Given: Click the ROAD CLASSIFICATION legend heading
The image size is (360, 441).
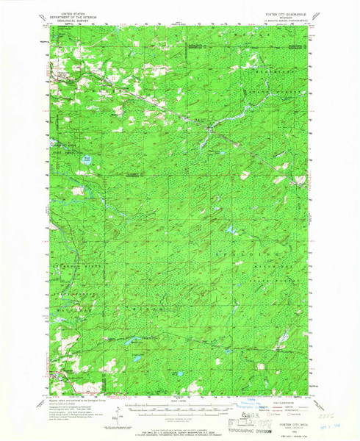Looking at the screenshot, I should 290,402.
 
